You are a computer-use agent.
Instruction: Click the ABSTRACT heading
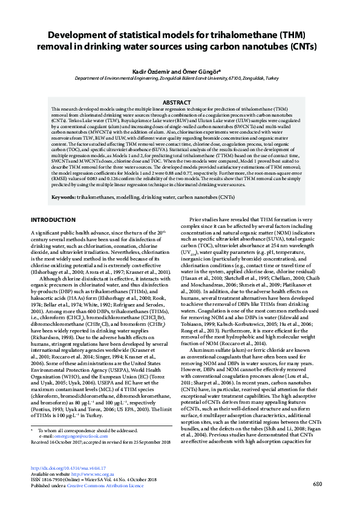180,103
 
